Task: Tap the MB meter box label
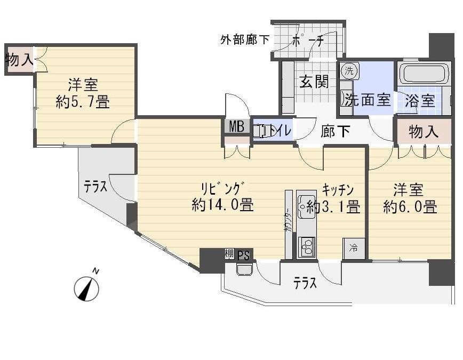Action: tap(236, 127)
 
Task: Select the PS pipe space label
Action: tap(243, 255)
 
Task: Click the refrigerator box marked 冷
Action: tap(353, 247)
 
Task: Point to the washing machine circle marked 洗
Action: tap(348, 70)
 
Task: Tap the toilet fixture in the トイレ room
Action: tap(263, 131)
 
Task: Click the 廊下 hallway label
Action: tap(335, 131)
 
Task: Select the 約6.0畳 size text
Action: tap(410, 207)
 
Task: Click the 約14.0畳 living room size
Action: tap(223, 205)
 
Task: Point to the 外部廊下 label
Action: tap(245, 39)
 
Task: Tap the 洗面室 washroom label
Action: tap(368, 100)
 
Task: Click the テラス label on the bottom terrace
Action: tap(305, 283)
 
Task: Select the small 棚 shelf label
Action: tap(229, 254)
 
